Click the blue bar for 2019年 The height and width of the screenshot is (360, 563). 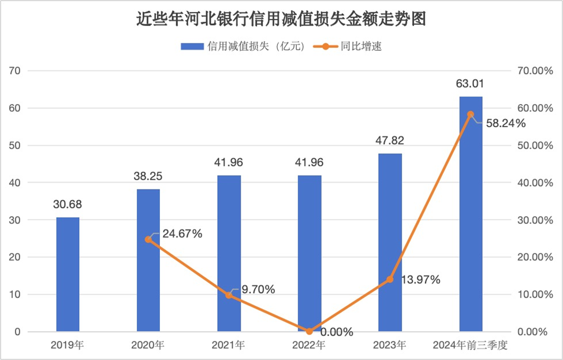pos(68,274)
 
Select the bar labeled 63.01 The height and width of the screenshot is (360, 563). pos(471,214)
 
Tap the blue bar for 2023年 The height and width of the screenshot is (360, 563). pos(390,243)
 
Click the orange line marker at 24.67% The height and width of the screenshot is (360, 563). pos(148,239)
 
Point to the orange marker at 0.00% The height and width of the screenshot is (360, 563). pos(309,331)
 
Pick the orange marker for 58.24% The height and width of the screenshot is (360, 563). pos(471,114)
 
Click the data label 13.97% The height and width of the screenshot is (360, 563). pos(419,280)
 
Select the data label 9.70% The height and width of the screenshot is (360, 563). pos(258,289)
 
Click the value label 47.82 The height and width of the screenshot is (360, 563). pos(390,144)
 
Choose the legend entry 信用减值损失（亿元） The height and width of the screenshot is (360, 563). pos(243,47)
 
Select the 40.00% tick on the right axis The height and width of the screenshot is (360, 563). pos(532,183)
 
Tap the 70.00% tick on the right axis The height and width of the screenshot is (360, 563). pos(532,71)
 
